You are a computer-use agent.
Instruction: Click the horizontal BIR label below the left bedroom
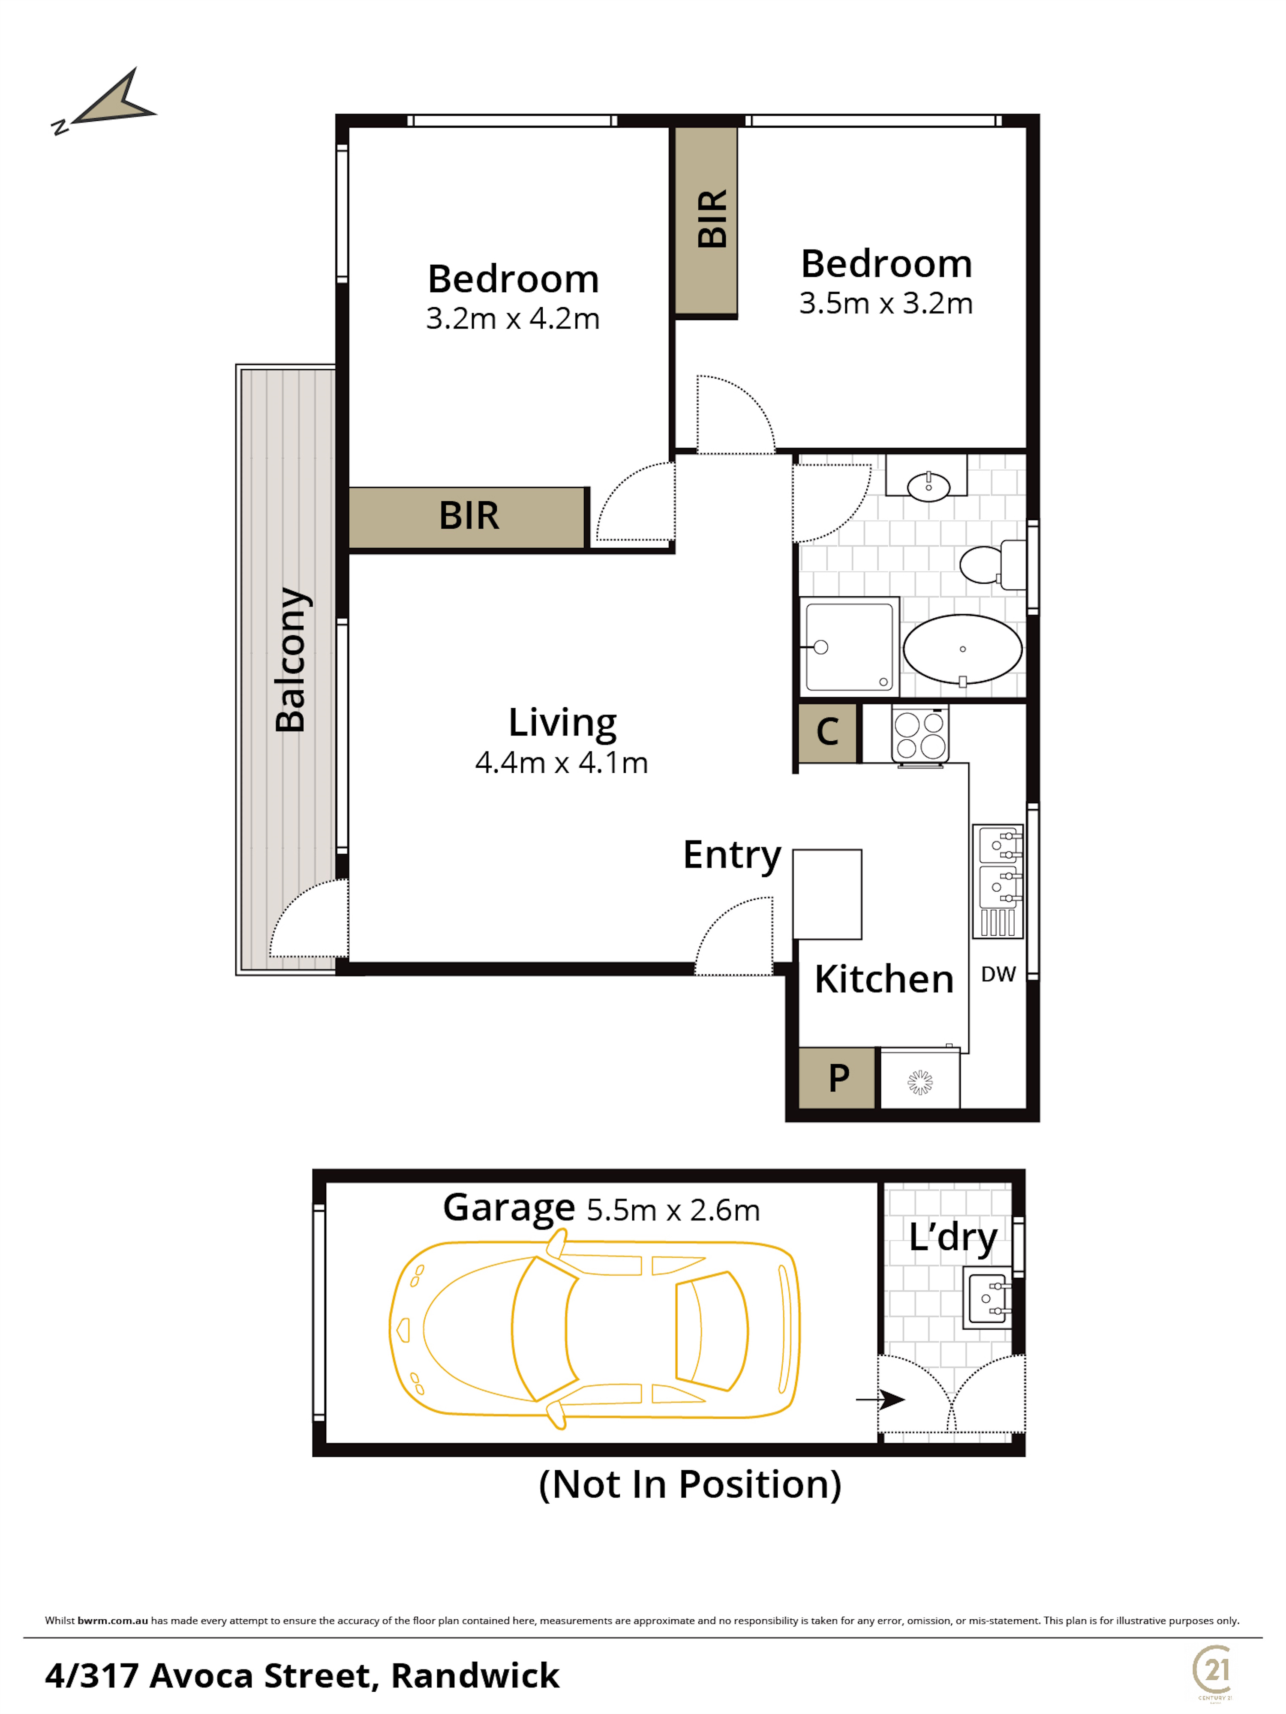(469, 515)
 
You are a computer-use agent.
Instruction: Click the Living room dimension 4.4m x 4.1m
(561, 763)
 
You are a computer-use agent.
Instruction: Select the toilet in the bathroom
(992, 564)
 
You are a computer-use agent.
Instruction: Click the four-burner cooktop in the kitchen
(920, 735)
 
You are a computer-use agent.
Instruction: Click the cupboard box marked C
(828, 732)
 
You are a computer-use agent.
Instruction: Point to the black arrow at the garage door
(880, 1400)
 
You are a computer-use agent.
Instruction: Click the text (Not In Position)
(690, 1485)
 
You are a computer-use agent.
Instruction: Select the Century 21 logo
(1213, 1672)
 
